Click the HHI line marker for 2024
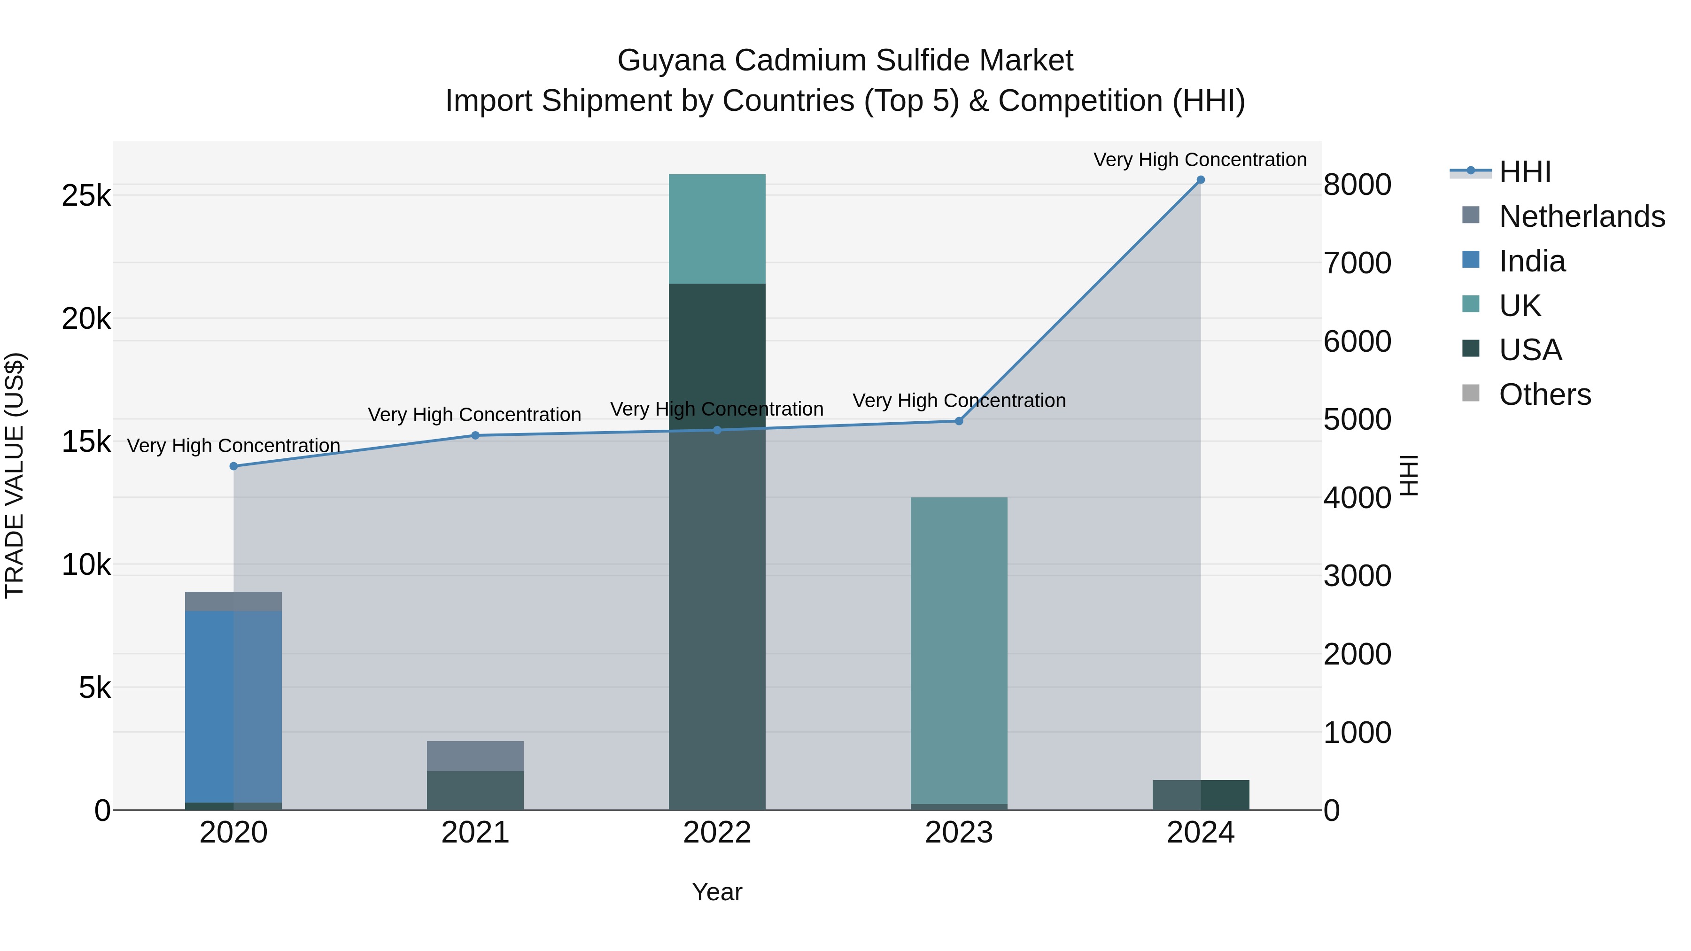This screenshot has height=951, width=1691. [x=1201, y=180]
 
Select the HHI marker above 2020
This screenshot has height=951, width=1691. [x=234, y=466]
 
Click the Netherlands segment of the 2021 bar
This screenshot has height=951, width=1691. [x=475, y=756]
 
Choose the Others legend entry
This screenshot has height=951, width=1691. [x=1544, y=394]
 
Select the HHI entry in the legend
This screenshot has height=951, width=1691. [x=1525, y=172]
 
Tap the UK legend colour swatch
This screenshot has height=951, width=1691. [x=1471, y=304]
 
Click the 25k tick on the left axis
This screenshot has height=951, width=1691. [x=86, y=195]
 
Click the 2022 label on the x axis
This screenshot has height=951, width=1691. [x=717, y=833]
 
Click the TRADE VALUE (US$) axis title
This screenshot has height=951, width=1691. [x=15, y=475]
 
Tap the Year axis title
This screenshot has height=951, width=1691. [x=717, y=892]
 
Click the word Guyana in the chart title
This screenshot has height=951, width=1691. [x=671, y=61]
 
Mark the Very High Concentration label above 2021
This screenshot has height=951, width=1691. [x=474, y=415]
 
